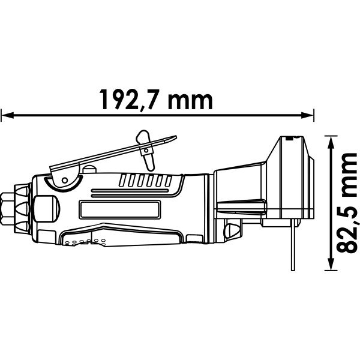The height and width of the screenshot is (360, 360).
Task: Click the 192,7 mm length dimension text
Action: point(156,100)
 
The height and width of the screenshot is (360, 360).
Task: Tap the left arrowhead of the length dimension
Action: point(7,115)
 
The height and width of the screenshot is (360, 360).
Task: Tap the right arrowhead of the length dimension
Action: point(307,115)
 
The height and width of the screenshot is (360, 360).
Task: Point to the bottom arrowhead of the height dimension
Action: point(331,264)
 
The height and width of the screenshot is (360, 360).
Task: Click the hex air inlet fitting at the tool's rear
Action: point(7,209)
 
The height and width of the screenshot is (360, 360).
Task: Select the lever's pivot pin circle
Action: point(65,180)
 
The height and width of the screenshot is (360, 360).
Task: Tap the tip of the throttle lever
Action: point(175,137)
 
